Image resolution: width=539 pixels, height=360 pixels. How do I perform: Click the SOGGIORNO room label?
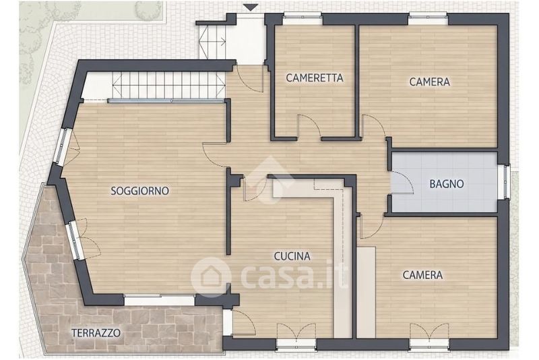click(x=140, y=191)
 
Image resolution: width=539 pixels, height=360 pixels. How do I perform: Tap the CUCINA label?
click(x=292, y=256)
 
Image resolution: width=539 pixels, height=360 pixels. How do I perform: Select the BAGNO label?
click(x=447, y=184)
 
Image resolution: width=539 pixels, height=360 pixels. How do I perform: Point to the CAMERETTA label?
click(x=315, y=78)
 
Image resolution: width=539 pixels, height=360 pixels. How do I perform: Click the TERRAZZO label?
click(x=96, y=333)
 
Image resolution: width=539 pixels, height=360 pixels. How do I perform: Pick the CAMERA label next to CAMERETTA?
click(x=429, y=82)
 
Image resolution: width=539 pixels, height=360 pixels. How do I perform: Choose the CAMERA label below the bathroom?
click(x=422, y=275)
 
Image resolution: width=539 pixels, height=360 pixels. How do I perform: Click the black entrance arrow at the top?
click(x=251, y=7)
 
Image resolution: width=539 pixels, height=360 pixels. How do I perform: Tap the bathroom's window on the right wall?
click(x=504, y=181)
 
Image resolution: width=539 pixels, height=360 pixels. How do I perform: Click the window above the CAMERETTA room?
click(x=303, y=19)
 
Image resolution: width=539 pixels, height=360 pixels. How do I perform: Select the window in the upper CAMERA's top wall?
click(x=429, y=19)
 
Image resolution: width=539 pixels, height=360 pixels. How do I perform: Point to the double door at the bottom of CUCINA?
click(x=296, y=332)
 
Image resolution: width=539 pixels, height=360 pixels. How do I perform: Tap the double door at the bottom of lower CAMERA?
click(x=429, y=332)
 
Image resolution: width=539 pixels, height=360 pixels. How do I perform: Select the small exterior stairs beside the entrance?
click(x=212, y=42)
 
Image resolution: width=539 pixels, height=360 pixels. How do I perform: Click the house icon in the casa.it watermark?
click(x=211, y=277)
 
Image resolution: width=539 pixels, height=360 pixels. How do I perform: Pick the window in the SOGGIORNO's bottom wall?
click(x=160, y=300)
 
